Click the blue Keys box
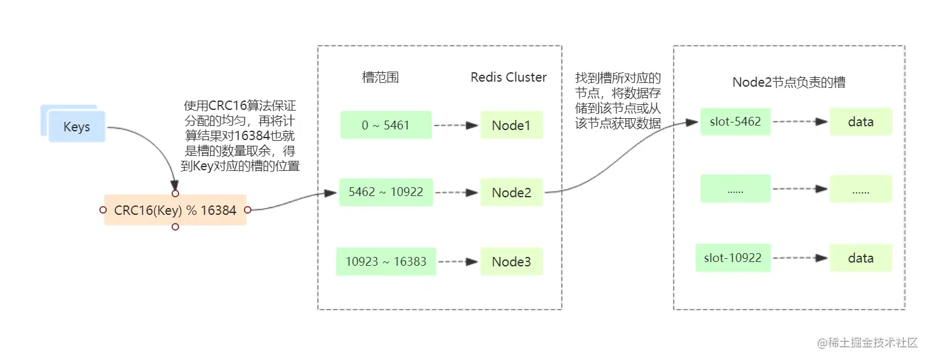point(77,126)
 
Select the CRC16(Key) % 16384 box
point(175,210)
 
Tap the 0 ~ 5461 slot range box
point(386,125)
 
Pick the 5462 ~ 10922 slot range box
point(386,192)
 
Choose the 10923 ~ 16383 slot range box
point(386,261)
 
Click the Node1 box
point(512,125)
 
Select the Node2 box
point(512,192)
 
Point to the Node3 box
point(512,261)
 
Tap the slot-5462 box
point(735,121)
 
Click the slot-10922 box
point(733,258)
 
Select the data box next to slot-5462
point(860,121)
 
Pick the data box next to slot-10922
point(860,258)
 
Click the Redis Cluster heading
point(508,77)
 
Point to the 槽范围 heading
point(380,77)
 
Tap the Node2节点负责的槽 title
point(789,82)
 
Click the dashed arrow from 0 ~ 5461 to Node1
point(456,125)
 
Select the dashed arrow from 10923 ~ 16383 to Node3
point(458,262)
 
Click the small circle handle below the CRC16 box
point(175,227)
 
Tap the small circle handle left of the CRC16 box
point(103,210)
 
